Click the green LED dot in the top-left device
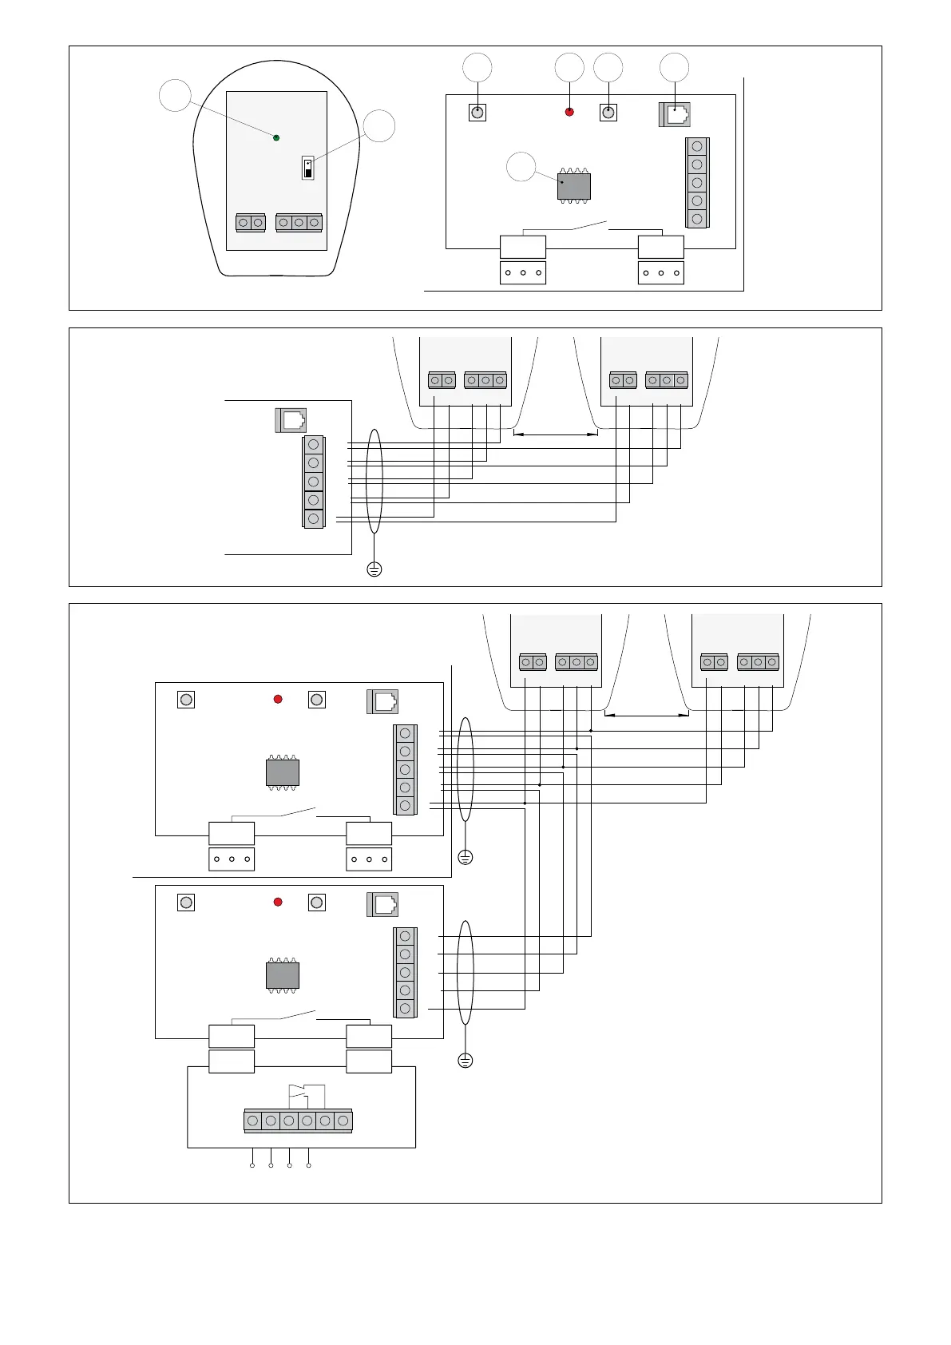click(276, 138)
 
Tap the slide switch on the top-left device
click(307, 169)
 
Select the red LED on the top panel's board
click(569, 112)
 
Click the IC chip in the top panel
click(573, 186)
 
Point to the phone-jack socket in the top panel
click(675, 115)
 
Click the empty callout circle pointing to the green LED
click(175, 95)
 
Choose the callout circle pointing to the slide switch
click(379, 126)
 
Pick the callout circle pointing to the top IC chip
click(521, 166)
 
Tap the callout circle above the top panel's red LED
click(569, 68)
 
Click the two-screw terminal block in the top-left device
click(251, 223)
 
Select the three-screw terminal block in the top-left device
click(299, 223)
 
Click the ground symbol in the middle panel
click(374, 569)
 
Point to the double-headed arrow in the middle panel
click(555, 434)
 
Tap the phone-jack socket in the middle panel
click(291, 420)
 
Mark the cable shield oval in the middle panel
click(374, 481)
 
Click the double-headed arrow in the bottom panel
click(647, 715)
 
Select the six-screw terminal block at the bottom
click(298, 1121)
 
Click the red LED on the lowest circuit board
click(278, 902)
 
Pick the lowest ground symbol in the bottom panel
click(466, 1061)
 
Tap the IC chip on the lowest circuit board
click(282, 976)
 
